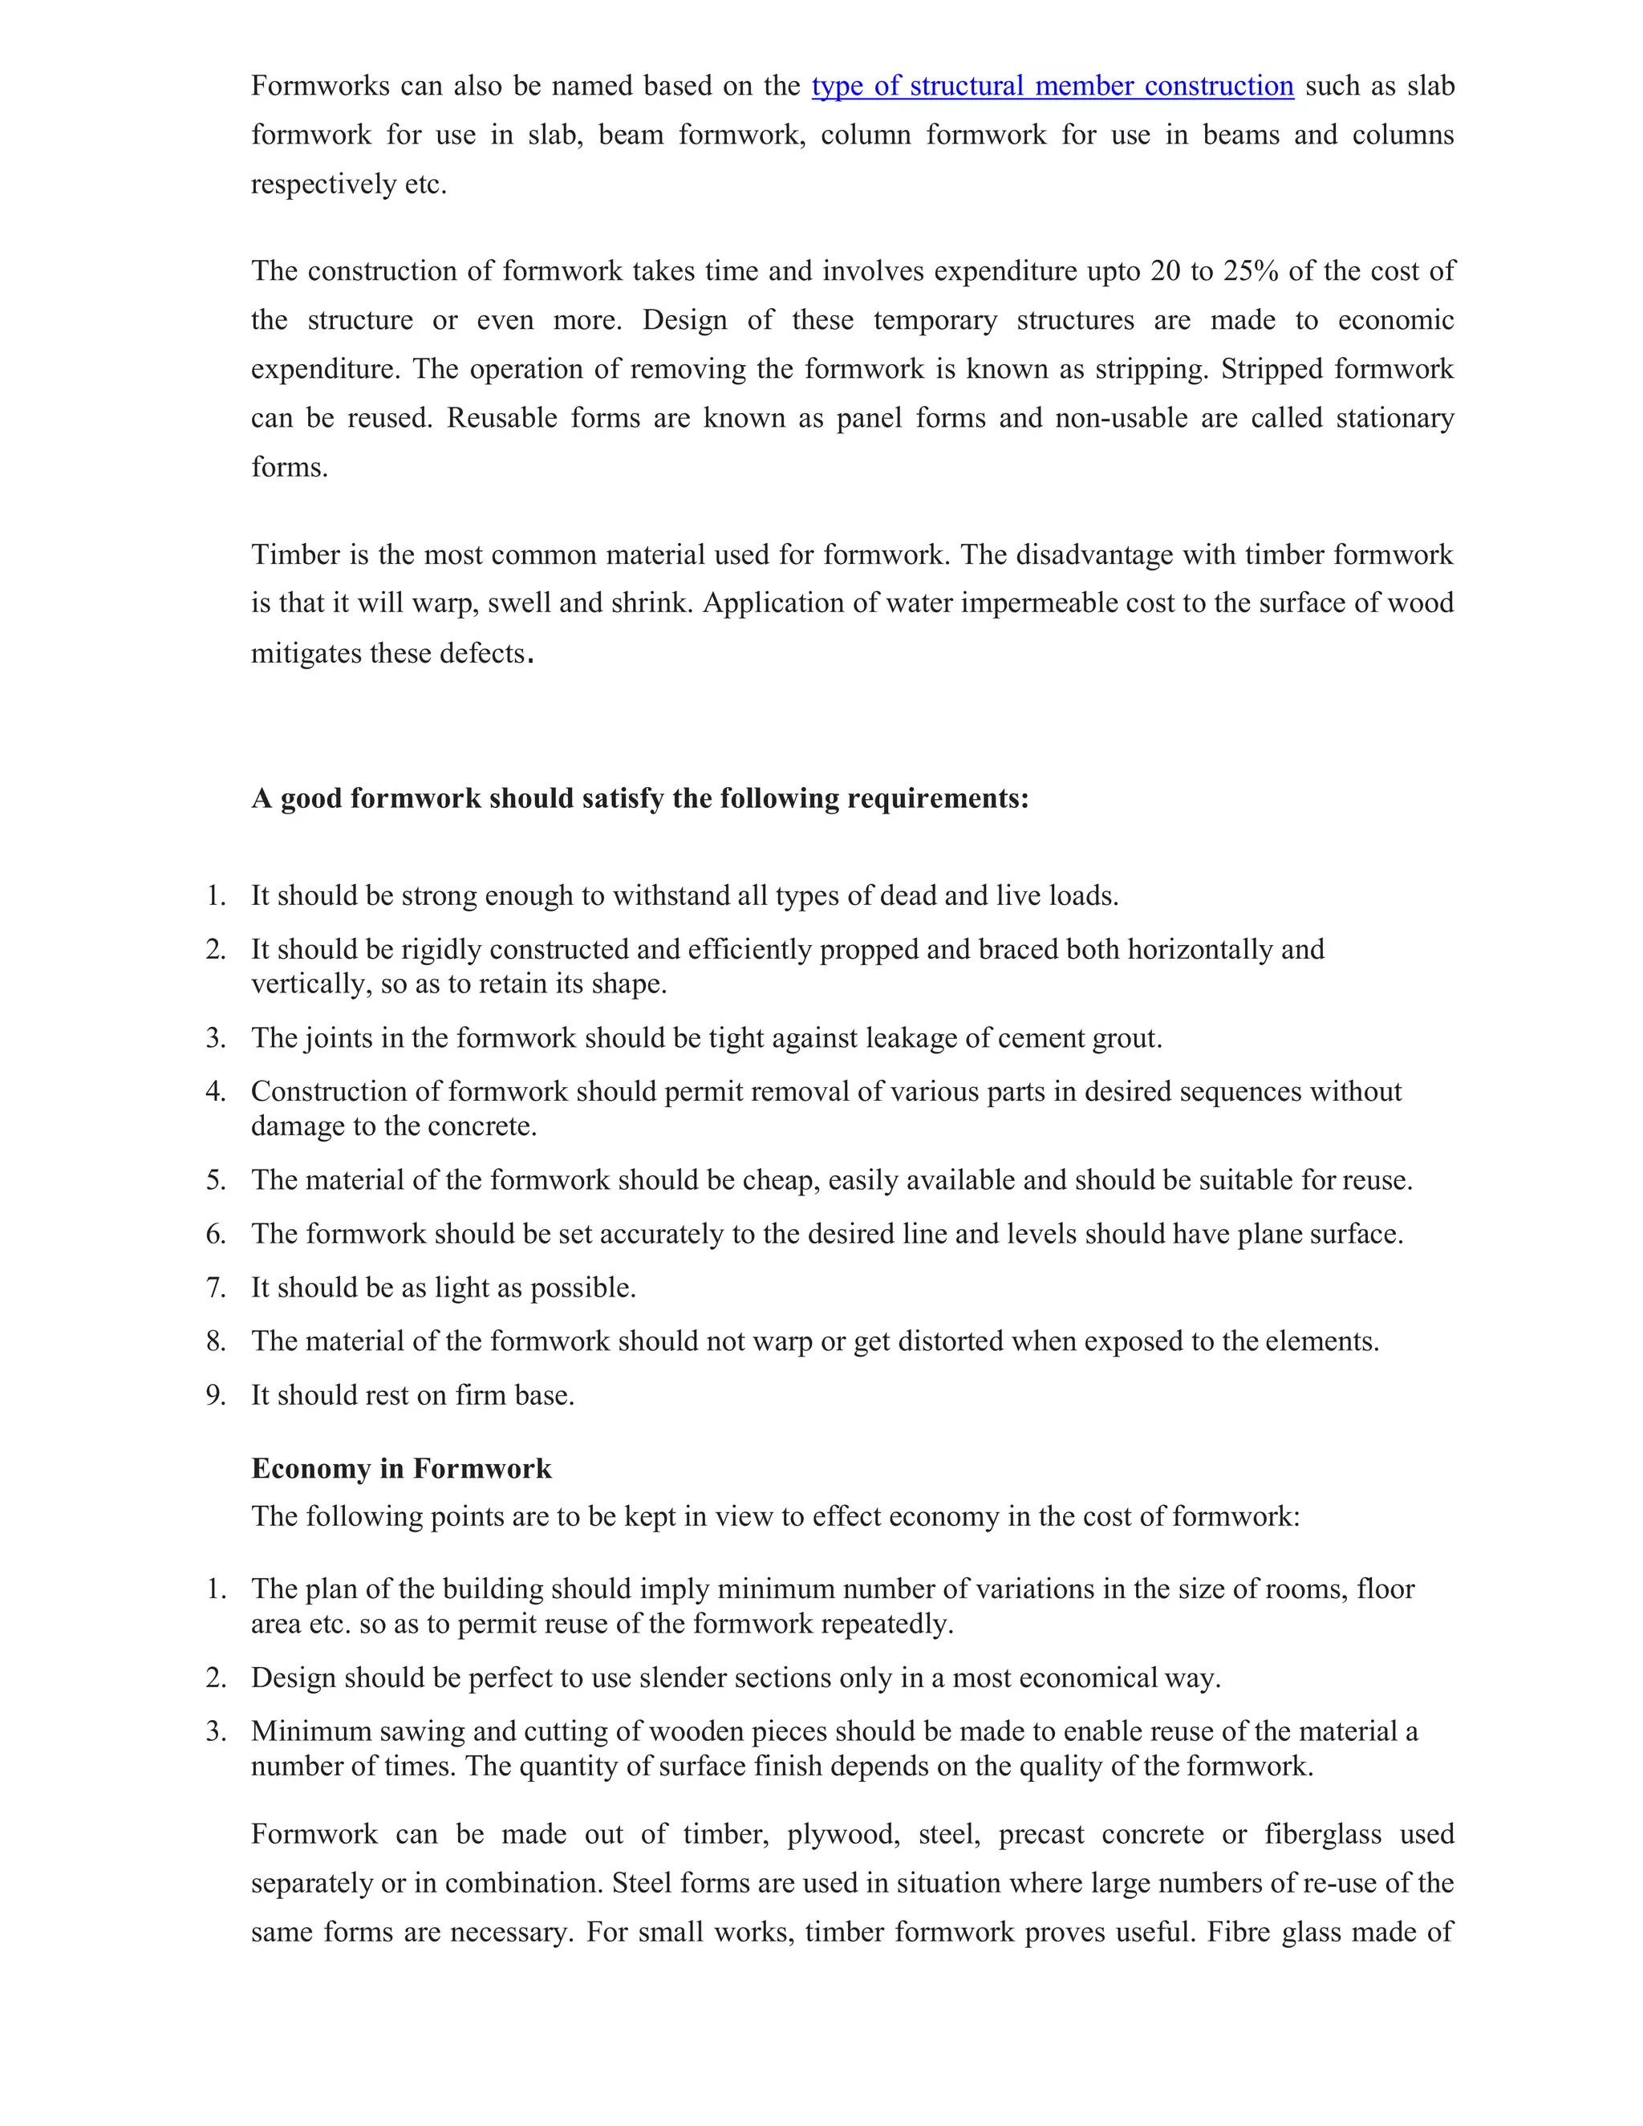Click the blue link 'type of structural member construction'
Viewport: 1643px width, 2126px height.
pyautogui.click(x=1053, y=87)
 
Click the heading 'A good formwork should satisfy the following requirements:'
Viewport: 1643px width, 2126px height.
pyautogui.click(x=639, y=798)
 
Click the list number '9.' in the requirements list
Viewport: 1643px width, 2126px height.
pyautogui.click(x=215, y=1396)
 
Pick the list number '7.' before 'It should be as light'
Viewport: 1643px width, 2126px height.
pyautogui.click(x=215, y=1288)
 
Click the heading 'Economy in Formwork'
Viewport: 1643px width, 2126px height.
pyautogui.click(x=401, y=1469)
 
